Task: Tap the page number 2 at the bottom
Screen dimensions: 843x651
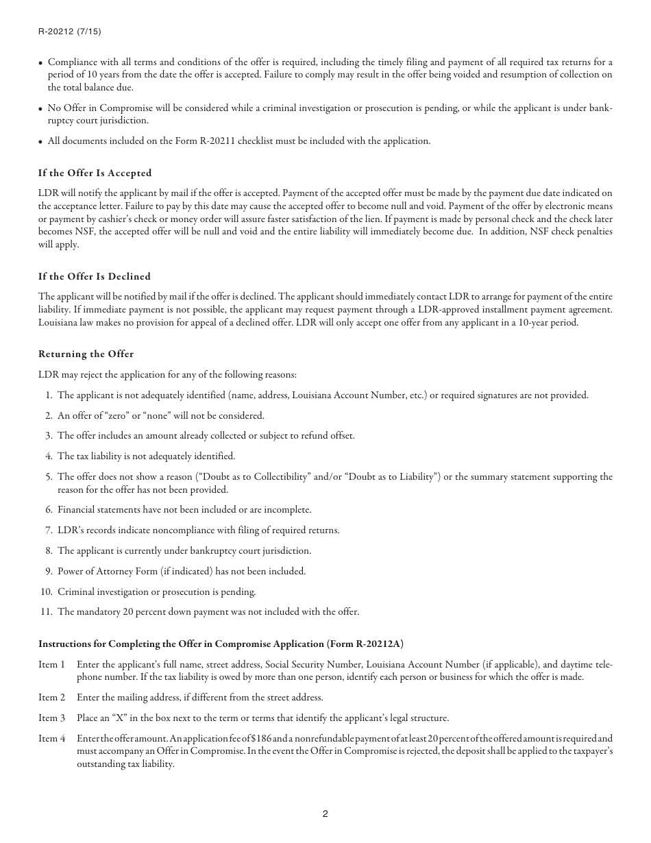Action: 325,814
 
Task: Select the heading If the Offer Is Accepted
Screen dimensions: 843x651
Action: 95,173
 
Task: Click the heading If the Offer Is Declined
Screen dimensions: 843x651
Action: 95,276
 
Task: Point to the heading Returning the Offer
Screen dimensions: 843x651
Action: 86,354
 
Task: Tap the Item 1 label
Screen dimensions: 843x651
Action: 52,664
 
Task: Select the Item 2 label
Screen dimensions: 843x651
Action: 52,697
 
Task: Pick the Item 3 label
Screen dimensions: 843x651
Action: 52,718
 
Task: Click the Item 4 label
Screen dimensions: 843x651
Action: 52,738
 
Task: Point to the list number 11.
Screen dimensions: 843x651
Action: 47,612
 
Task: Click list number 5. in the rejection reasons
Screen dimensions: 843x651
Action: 49,476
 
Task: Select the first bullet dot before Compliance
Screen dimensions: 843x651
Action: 41,63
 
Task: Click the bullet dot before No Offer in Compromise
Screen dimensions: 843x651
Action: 41,108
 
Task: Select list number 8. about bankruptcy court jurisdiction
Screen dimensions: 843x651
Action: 49,550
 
